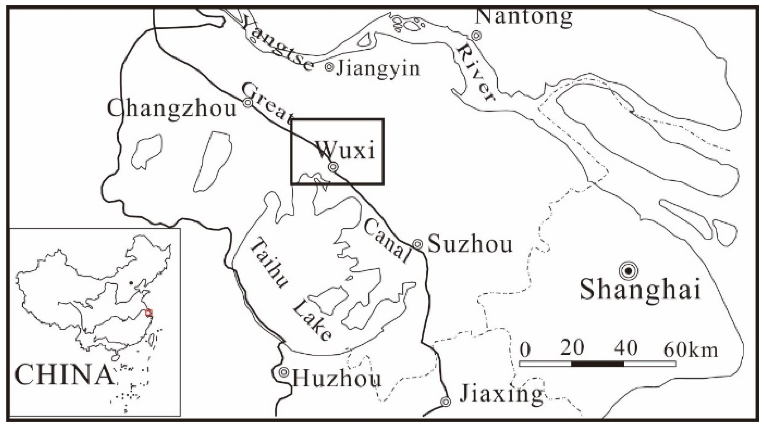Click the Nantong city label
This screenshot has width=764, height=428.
point(523,17)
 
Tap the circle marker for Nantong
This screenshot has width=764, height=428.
point(476,36)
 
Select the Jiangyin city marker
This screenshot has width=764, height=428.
point(329,67)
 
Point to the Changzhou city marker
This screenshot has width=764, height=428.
point(248,103)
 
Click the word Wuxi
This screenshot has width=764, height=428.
point(346,151)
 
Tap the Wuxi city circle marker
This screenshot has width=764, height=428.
point(333,167)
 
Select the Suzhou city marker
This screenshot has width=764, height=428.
point(418,244)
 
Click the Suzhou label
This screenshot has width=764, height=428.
point(470,244)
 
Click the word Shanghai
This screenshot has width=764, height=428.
point(640,289)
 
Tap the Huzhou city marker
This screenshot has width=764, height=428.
point(284,371)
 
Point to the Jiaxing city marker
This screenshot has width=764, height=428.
point(446,402)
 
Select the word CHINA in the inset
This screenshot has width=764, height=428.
point(64,375)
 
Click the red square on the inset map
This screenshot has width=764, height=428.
point(149,313)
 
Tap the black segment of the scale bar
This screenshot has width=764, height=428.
point(597,364)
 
